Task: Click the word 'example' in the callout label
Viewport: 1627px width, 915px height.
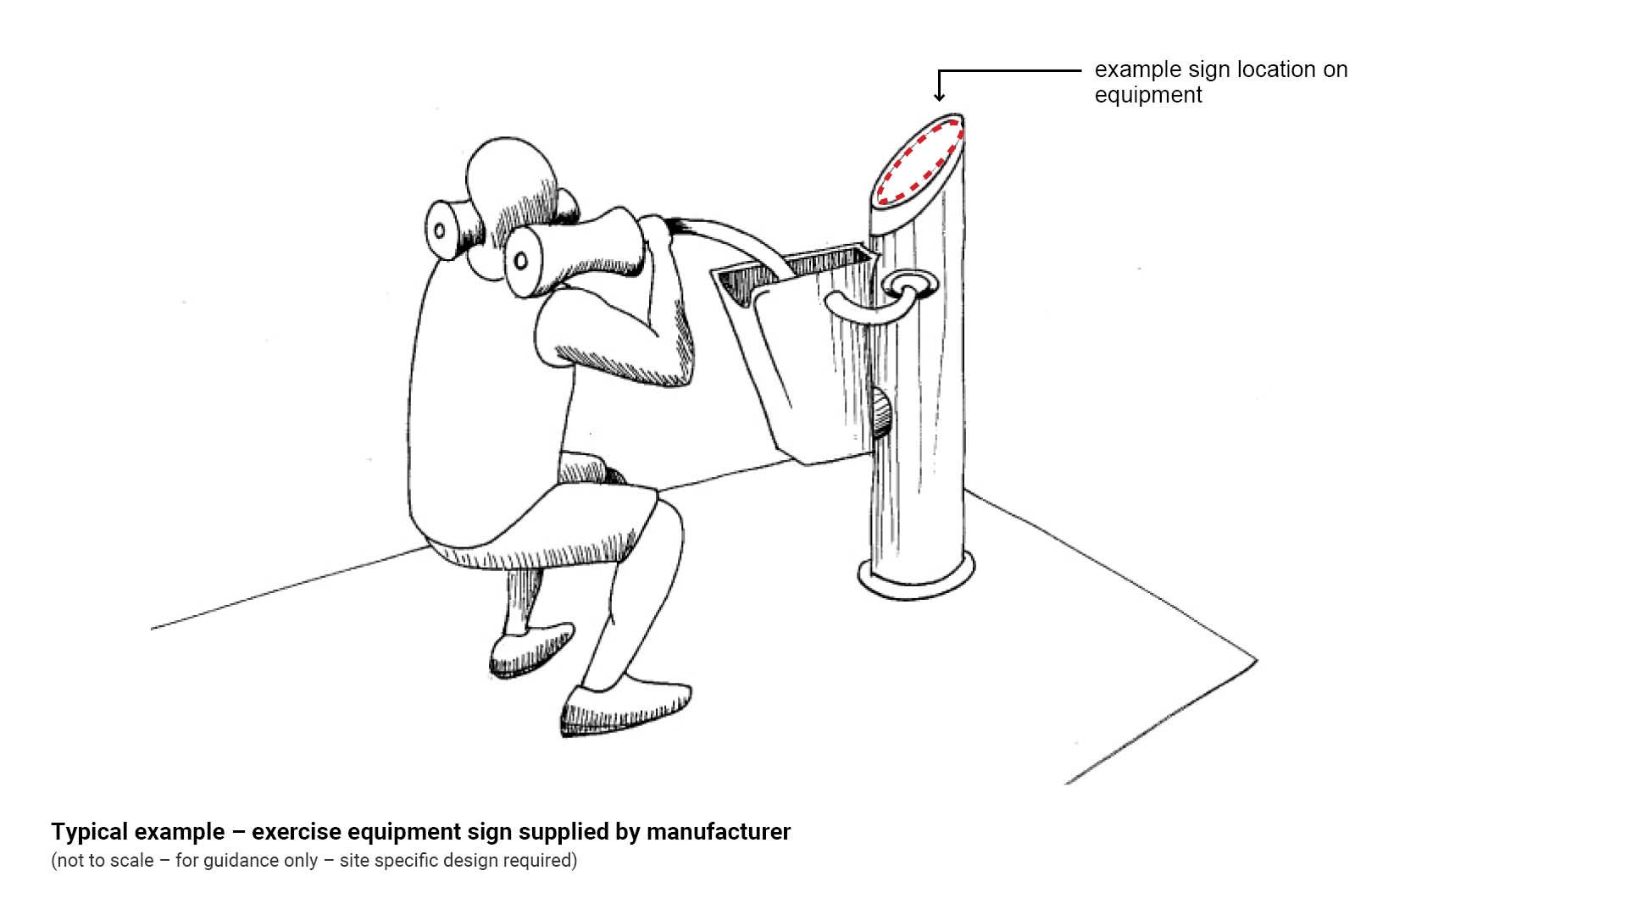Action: tap(1138, 69)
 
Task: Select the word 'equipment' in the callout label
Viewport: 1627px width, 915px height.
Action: tap(1148, 95)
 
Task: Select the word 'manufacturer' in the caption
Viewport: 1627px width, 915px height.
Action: tap(719, 832)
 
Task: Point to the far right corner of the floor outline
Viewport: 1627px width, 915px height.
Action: tap(1257, 660)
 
